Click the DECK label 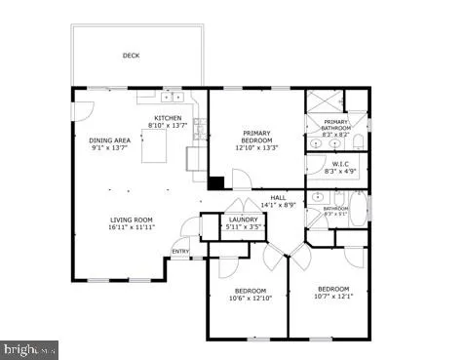coord(131,56)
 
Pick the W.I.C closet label coord(340,164)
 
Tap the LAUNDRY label coord(243,220)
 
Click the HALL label coord(278,197)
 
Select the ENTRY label coord(181,252)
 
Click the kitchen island coord(156,149)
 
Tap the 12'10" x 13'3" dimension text coord(256,148)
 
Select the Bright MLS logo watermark coord(30,349)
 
